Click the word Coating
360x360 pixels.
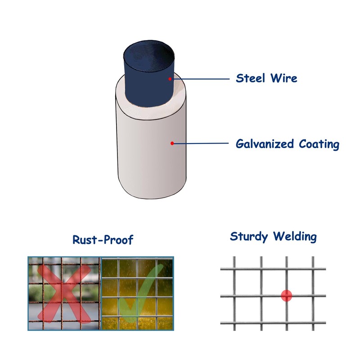click(319, 144)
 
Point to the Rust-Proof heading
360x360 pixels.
click(103, 240)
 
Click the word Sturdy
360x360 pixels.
click(249, 236)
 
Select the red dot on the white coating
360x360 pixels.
click(172, 144)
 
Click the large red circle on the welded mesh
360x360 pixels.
click(287, 296)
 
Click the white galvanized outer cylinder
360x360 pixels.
click(148, 153)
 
